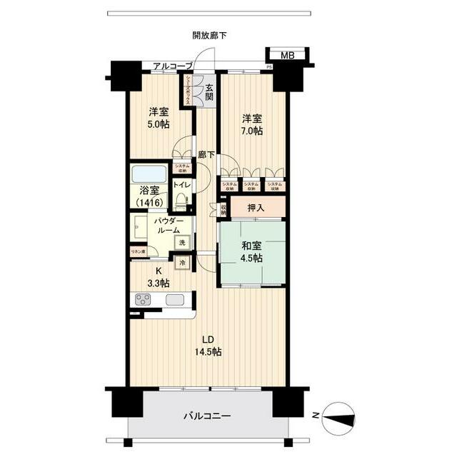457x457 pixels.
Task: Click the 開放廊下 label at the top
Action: pos(209,35)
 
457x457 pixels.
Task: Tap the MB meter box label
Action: pos(286,56)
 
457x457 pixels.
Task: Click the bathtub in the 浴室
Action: pos(149,174)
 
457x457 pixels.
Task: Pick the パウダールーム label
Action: pos(168,226)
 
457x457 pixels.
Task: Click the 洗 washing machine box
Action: pos(182,243)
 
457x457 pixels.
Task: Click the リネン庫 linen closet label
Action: pos(138,251)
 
